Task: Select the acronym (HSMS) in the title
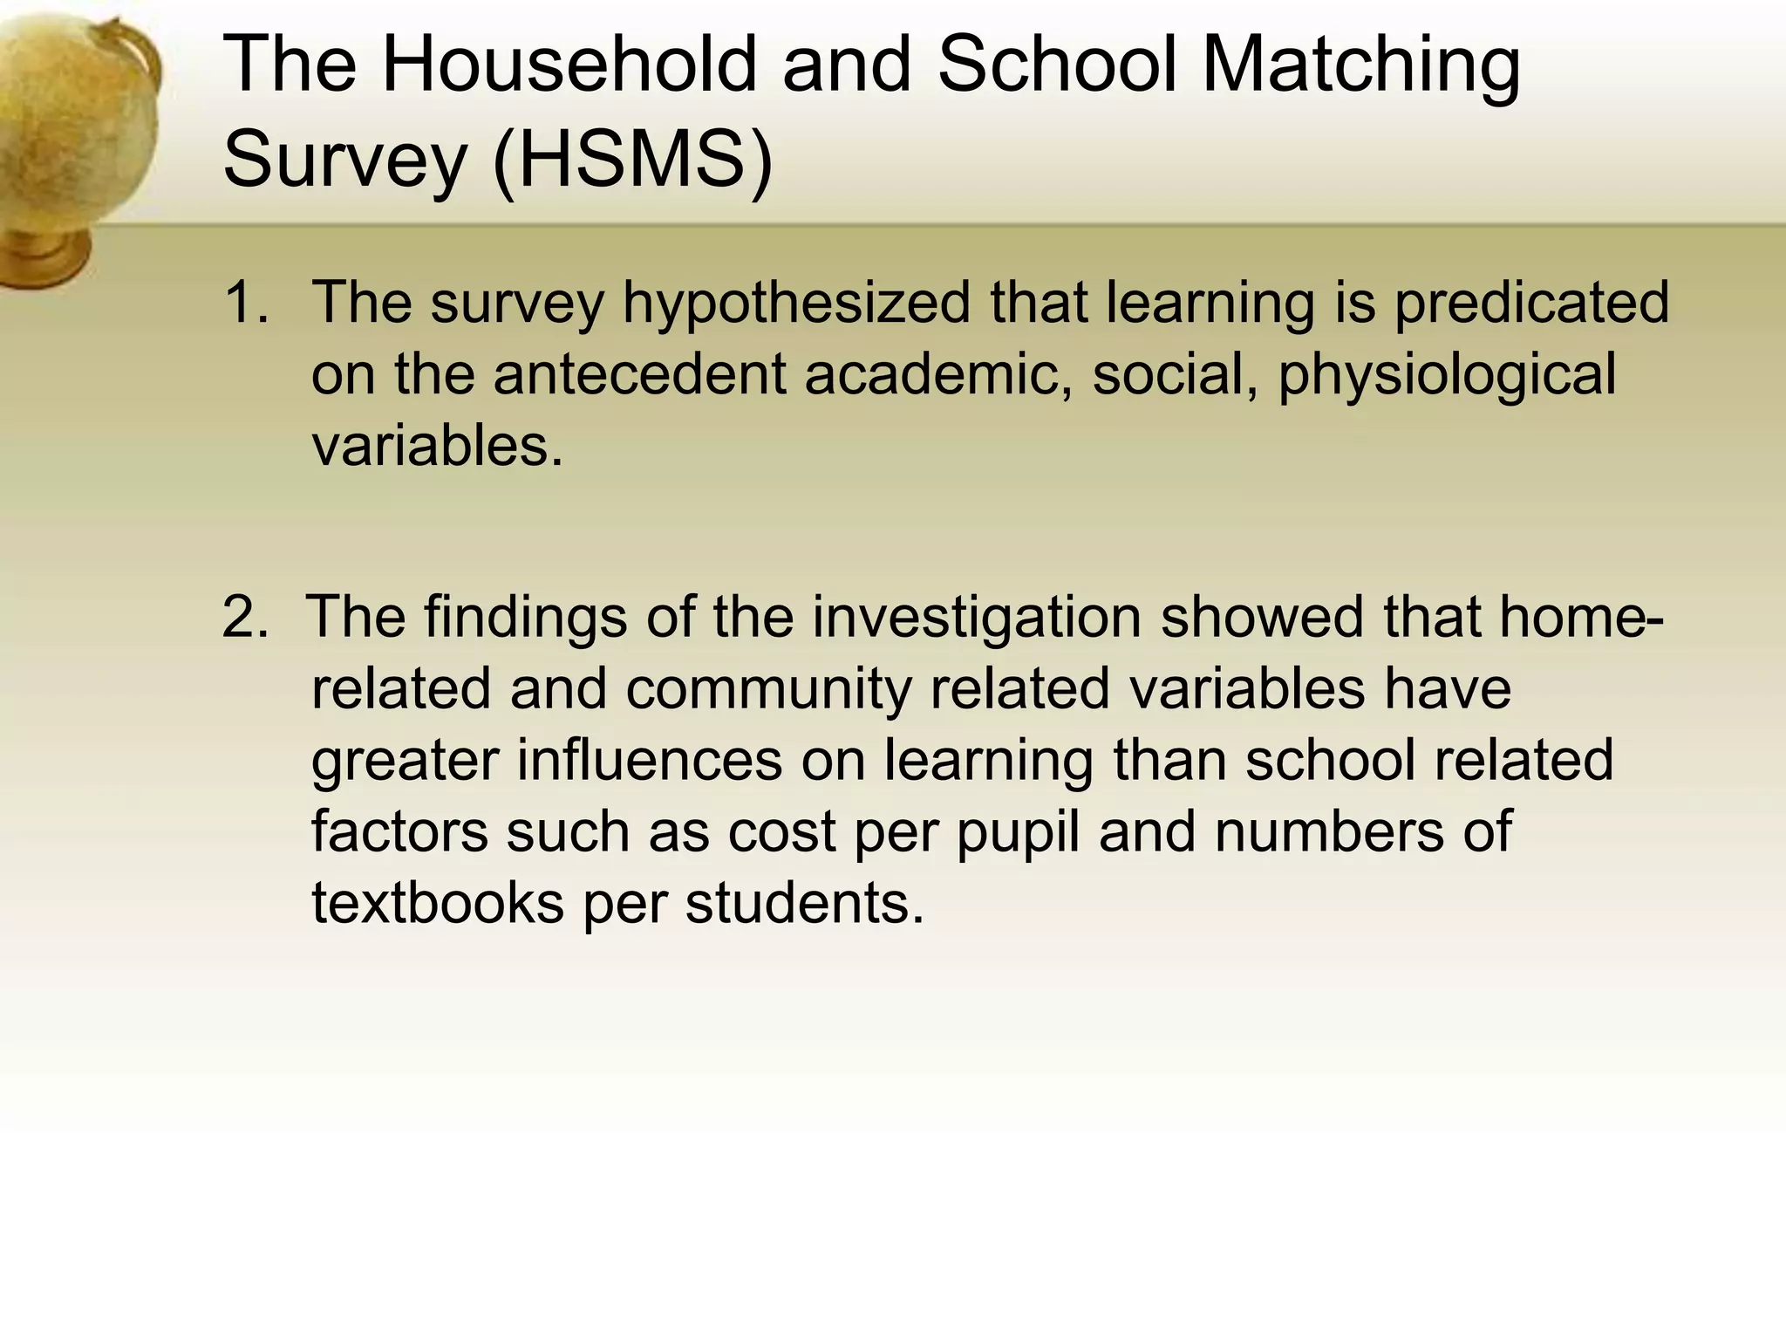point(633,160)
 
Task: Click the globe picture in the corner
point(74,148)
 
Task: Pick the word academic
point(938,374)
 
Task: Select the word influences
point(650,760)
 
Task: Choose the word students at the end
point(803,903)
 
